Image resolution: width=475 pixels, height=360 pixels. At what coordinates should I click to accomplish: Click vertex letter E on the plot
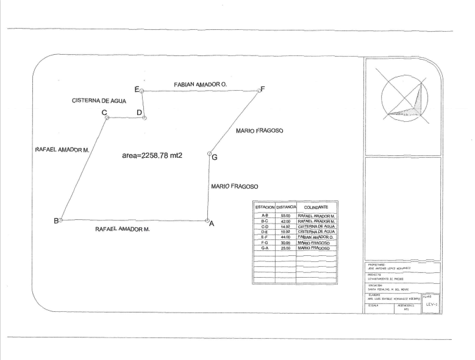click(x=137, y=89)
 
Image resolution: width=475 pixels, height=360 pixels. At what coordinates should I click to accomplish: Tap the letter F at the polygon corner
click(x=263, y=89)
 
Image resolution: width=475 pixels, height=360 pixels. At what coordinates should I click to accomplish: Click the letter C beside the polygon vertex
click(x=104, y=112)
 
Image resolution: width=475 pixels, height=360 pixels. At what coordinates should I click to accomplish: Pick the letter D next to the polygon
click(x=139, y=113)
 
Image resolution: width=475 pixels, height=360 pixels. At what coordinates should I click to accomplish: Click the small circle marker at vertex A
click(x=207, y=221)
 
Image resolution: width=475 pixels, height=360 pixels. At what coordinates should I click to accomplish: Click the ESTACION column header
click(x=265, y=208)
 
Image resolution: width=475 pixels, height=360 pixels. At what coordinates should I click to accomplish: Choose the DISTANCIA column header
click(x=285, y=208)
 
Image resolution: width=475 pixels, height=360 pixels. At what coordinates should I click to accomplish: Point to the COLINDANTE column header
click(x=316, y=208)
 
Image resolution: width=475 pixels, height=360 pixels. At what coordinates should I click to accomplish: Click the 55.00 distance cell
click(x=285, y=216)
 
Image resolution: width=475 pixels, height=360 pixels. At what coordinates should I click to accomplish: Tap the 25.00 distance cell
click(x=285, y=249)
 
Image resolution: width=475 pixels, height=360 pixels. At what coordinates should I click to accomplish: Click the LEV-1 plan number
click(x=430, y=303)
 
